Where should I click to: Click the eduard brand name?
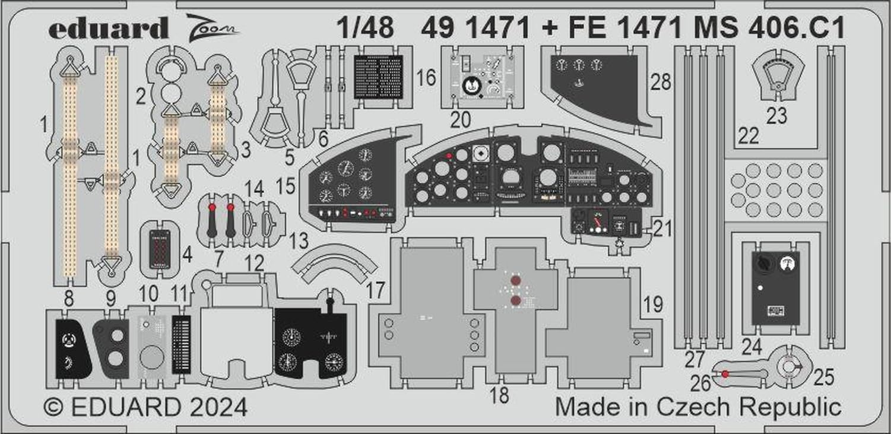109,28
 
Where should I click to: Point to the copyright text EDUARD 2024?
145,408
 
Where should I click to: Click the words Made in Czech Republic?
698,408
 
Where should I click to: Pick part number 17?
376,290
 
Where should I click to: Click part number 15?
286,186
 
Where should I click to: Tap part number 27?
694,360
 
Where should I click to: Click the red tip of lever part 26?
725,373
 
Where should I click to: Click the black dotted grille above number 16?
378,76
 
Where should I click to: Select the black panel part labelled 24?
776,287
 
